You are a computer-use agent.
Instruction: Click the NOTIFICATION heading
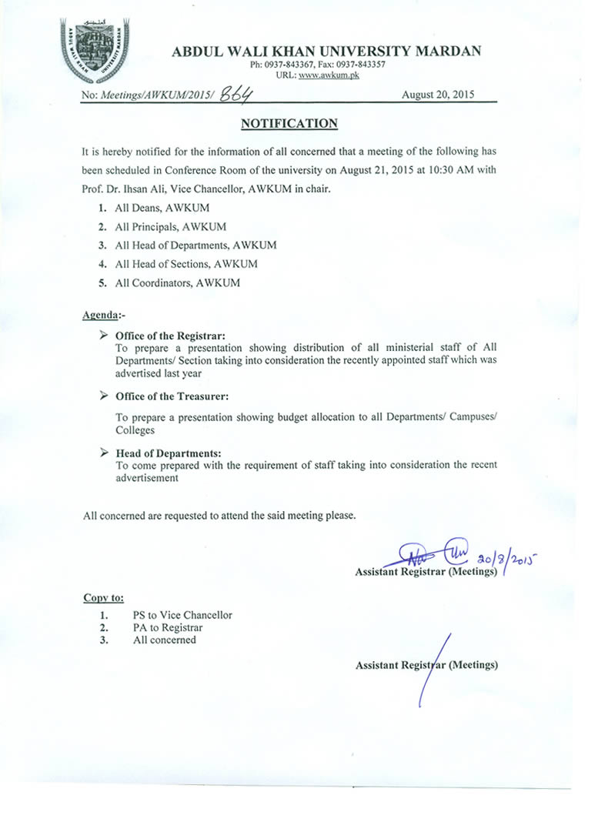tap(289, 123)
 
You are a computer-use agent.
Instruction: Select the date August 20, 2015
tap(438, 95)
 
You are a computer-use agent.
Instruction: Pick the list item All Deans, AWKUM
tap(162, 208)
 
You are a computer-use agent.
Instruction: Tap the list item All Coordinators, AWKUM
tap(177, 282)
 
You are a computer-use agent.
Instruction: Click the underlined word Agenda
tap(100, 316)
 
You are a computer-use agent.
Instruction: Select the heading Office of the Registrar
tap(170, 336)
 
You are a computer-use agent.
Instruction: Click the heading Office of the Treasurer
tap(172, 396)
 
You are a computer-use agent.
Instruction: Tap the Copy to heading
tap(103, 597)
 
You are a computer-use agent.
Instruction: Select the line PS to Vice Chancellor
tap(182, 615)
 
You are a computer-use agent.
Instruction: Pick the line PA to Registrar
tap(168, 627)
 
